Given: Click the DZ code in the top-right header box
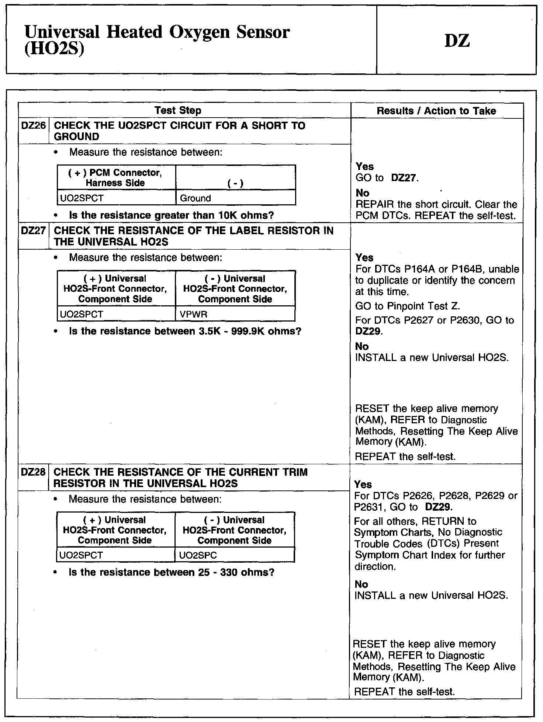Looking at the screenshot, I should pyautogui.click(x=457, y=41).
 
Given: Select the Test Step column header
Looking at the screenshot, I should pyautogui.click(x=178, y=110).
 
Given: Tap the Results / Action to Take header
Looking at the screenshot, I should pyautogui.click(x=436, y=111).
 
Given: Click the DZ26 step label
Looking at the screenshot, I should pyautogui.click(x=33, y=126).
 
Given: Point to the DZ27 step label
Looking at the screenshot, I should pyautogui.click(x=33, y=231).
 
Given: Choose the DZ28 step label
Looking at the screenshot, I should pyautogui.click(x=33, y=472).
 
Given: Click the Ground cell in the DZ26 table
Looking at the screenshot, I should pyautogui.click(x=195, y=198).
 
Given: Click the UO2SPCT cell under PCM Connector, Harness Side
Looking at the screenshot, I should pyautogui.click(x=82, y=198).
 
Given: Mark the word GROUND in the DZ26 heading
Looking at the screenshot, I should pyautogui.click(x=76, y=137).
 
